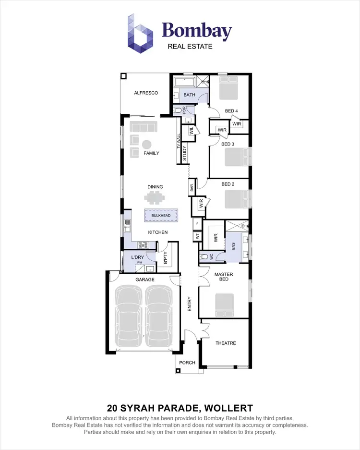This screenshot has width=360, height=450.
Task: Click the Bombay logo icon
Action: pyautogui.click(x=140, y=33)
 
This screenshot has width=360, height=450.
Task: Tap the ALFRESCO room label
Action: pyautogui.click(x=146, y=93)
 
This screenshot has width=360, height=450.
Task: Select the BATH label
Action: pyautogui.click(x=189, y=95)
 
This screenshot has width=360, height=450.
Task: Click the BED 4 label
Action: pyautogui.click(x=231, y=111)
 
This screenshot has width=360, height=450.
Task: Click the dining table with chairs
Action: pyautogui.click(x=155, y=198)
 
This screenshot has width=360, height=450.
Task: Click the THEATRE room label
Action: pyautogui.click(x=225, y=343)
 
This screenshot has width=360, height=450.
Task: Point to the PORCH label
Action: pyautogui.click(x=187, y=363)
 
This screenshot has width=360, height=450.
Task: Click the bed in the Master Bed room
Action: pyautogui.click(x=225, y=304)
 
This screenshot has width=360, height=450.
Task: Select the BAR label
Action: pyautogui.click(x=191, y=188)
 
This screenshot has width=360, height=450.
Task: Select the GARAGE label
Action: pyautogui.click(x=145, y=280)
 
